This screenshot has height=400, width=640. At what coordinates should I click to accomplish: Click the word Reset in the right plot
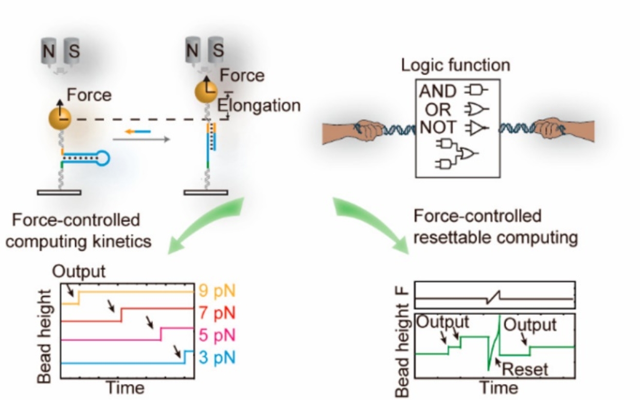(x=525, y=368)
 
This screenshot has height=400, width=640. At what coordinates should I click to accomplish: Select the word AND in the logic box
(x=438, y=92)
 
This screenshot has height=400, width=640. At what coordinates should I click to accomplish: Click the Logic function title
(x=455, y=65)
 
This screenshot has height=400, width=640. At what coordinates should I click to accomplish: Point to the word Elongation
(x=259, y=105)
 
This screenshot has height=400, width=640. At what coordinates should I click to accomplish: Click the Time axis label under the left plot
(x=125, y=388)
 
